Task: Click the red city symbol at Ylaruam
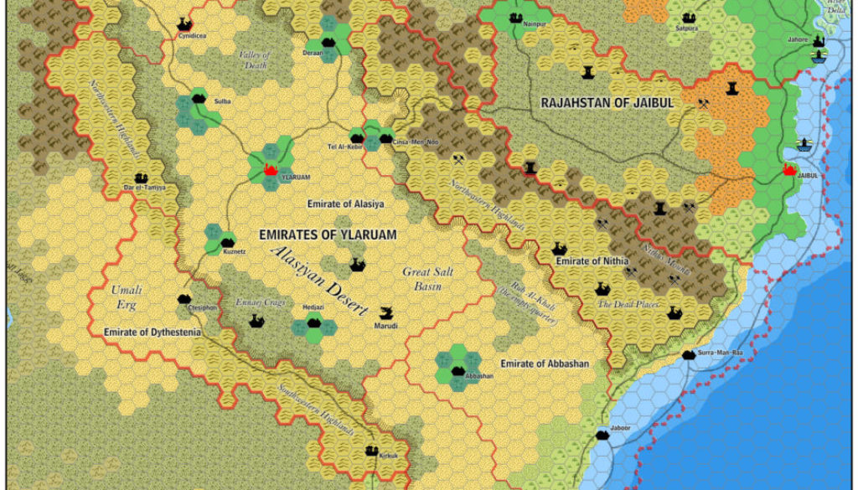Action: click(x=270, y=170)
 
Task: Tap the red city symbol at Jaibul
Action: click(x=788, y=169)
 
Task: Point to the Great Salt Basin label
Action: click(x=428, y=278)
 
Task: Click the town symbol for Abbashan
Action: click(x=457, y=369)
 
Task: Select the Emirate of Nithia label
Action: click(x=595, y=261)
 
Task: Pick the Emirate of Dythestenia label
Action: click(x=152, y=333)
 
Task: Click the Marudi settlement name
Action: click(x=386, y=326)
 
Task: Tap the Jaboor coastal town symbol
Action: click(x=602, y=434)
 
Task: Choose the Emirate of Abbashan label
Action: click(x=545, y=364)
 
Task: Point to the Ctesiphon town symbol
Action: click(x=183, y=299)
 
